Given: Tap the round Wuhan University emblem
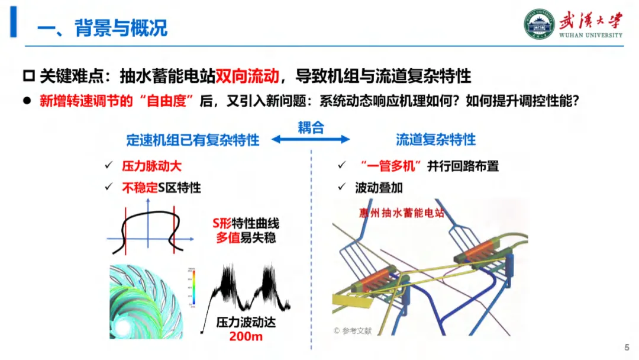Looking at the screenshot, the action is [x=538, y=24].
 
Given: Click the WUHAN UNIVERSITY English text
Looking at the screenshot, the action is [x=590, y=35].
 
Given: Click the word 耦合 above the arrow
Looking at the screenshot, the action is [x=311, y=127].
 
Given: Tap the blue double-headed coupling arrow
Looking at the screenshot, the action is [x=311, y=140].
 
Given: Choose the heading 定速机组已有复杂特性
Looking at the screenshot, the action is [x=193, y=140].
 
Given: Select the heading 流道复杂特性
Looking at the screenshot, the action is [x=435, y=140].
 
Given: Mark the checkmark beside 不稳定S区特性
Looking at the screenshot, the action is [x=108, y=187].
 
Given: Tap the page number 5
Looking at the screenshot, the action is [x=627, y=347].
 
